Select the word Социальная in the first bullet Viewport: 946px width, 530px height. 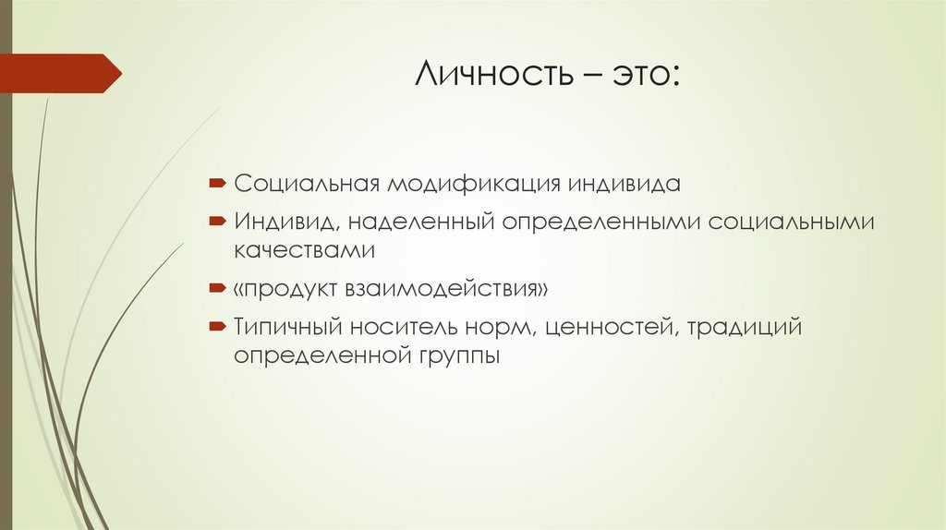306,183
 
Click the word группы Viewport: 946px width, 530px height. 461,355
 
